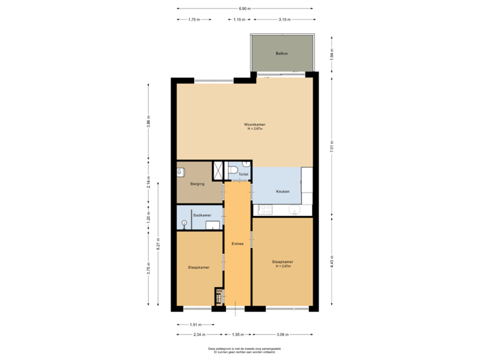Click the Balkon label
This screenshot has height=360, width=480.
(x=281, y=53)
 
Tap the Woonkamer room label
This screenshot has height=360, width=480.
(x=255, y=126)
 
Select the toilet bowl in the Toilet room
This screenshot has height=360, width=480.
(x=231, y=171)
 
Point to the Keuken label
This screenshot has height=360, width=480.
(x=283, y=192)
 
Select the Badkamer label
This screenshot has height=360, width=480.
(x=202, y=215)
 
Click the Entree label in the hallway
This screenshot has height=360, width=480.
(x=237, y=244)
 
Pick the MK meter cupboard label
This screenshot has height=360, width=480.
(x=218, y=291)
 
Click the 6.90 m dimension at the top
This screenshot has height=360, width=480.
(x=245, y=8)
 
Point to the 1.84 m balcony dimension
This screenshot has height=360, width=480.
(x=331, y=53)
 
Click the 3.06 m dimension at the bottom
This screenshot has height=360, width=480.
(x=282, y=333)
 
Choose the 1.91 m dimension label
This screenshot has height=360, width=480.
(x=193, y=325)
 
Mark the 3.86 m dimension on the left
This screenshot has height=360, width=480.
(x=148, y=122)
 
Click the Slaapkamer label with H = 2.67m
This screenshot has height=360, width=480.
(x=283, y=264)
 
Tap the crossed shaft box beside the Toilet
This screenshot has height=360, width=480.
(x=218, y=170)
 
